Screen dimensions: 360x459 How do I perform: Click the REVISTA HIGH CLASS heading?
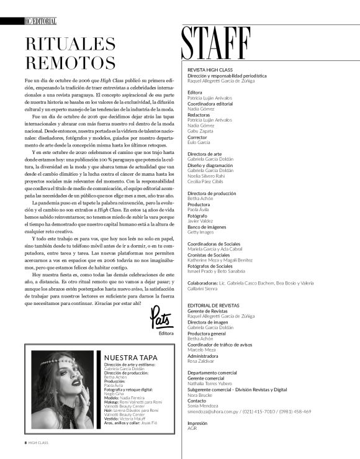(x=209, y=71)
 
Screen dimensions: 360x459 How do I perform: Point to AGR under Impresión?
(x=192, y=428)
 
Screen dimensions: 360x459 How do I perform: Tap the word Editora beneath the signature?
(x=166, y=316)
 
